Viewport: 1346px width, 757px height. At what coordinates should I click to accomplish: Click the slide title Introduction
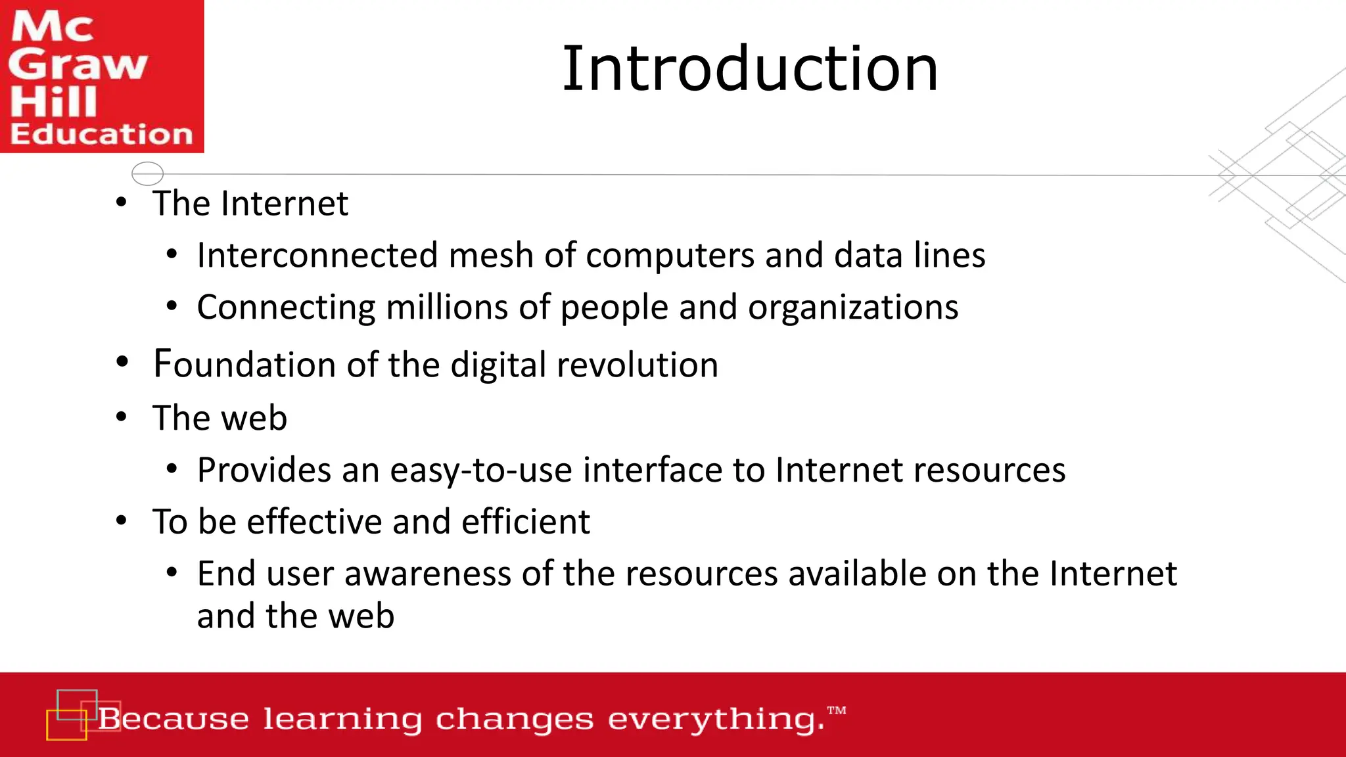(750, 68)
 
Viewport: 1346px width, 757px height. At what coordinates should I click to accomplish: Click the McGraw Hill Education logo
(102, 76)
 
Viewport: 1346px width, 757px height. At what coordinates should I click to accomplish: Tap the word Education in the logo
(102, 134)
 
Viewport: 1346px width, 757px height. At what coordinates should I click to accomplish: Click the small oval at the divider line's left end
(147, 173)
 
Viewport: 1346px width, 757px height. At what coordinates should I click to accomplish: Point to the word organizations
(852, 308)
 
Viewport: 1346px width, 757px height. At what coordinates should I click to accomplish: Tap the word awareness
(427, 574)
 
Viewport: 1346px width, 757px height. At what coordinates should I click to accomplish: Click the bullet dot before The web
(122, 417)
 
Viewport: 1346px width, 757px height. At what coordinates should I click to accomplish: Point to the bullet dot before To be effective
(122, 521)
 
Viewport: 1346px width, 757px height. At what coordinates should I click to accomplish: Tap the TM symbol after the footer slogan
(837, 710)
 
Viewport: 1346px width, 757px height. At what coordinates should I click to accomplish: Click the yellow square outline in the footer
(66, 725)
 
